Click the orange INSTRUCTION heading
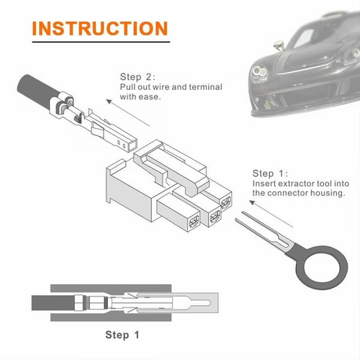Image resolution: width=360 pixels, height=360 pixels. (100, 28)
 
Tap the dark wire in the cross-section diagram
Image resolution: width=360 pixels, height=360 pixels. (54, 300)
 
